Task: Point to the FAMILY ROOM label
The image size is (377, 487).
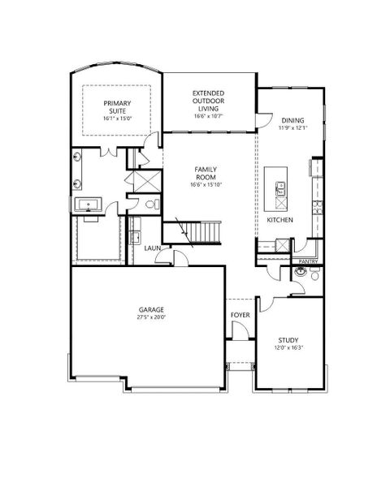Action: click(x=204, y=171)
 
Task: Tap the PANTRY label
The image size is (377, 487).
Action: click(x=307, y=261)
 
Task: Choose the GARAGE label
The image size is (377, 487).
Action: click(x=150, y=310)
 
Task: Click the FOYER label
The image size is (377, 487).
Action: click(x=240, y=314)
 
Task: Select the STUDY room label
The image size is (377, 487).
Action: click(x=288, y=341)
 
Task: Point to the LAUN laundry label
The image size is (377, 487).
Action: click(x=153, y=248)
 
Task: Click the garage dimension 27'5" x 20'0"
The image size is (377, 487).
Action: click(x=150, y=319)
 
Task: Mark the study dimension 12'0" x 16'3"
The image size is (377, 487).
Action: click(x=288, y=349)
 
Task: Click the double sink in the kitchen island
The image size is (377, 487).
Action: click(x=279, y=191)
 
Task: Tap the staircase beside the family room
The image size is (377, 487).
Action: click(x=201, y=231)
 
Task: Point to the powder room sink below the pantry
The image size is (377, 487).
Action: click(x=301, y=274)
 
